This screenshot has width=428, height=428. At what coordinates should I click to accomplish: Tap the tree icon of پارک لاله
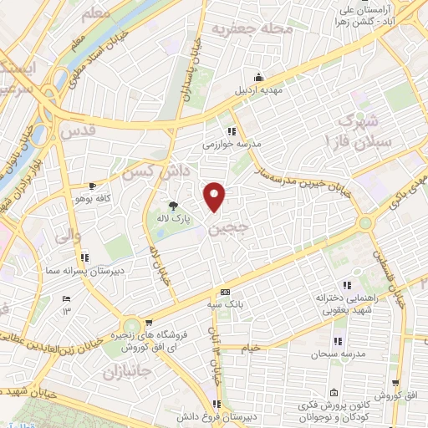point(174,205)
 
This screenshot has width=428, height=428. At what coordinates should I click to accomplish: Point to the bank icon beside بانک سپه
point(225,292)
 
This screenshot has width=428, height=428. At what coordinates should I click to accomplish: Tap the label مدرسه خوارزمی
point(232,144)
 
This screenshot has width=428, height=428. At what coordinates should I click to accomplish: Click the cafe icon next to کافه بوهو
point(92,186)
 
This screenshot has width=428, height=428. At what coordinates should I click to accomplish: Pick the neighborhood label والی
point(67,237)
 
